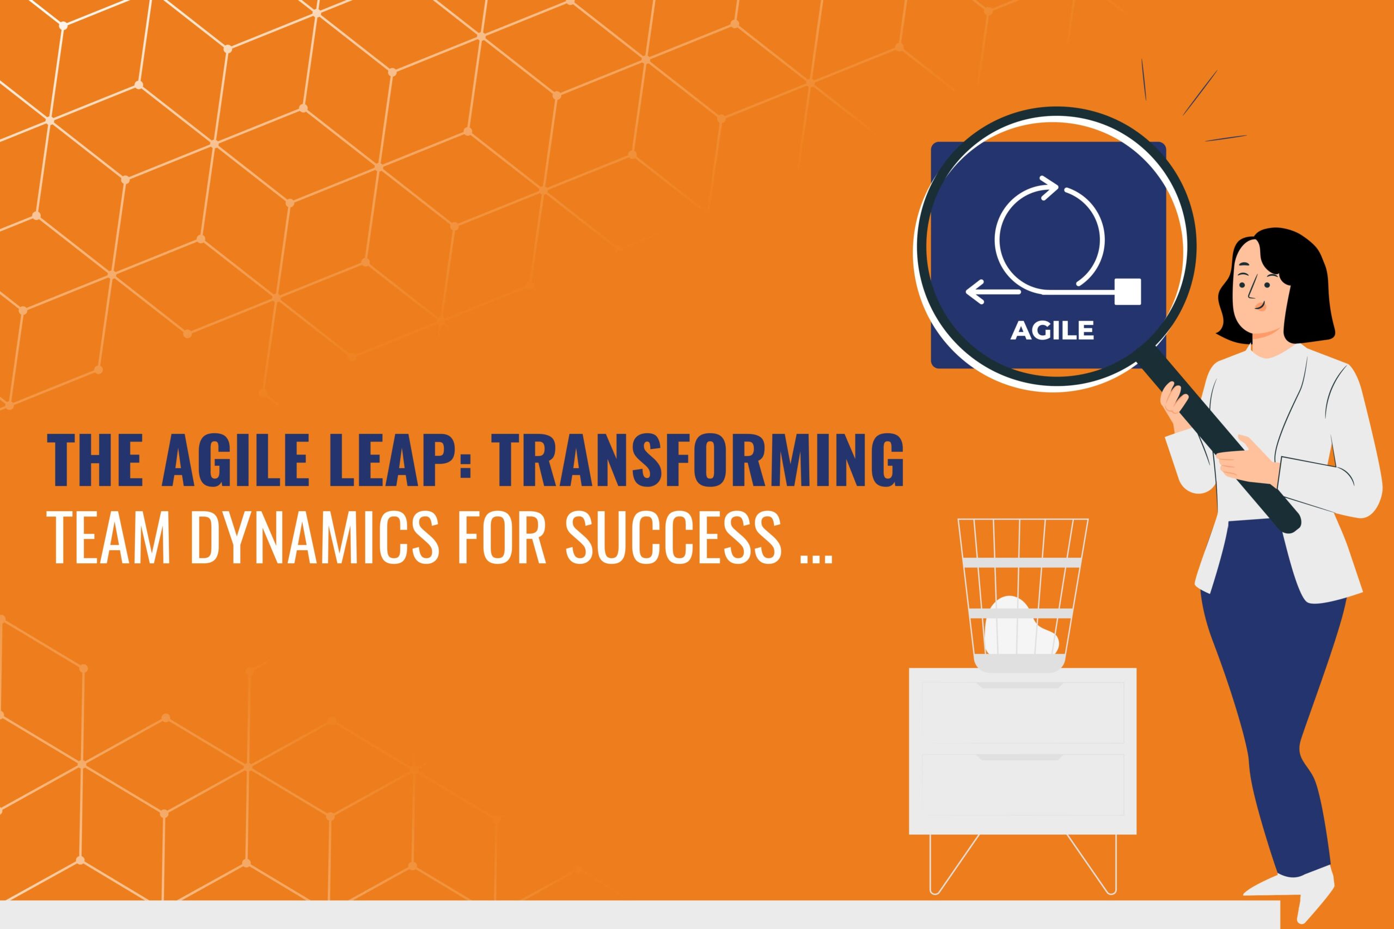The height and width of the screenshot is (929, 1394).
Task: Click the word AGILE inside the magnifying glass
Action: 1052,330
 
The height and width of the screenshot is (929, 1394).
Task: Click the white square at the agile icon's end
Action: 1127,292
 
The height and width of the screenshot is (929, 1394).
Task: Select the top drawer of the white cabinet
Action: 1023,712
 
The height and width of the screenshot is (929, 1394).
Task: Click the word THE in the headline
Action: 99,460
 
